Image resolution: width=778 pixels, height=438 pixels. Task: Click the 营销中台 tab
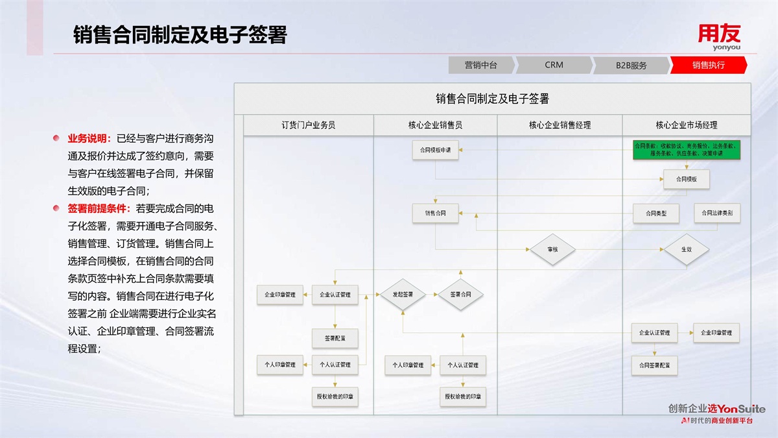pyautogui.click(x=480, y=65)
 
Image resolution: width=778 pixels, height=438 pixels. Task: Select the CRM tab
pyautogui.click(x=554, y=65)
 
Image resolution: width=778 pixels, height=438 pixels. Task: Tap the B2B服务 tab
pyautogui.click(x=631, y=65)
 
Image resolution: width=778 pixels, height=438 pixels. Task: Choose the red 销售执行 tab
pyautogui.click(x=708, y=65)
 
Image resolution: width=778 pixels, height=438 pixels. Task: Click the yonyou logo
pyautogui.click(x=719, y=37)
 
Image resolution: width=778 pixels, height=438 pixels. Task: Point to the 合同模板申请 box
pyautogui.click(x=435, y=151)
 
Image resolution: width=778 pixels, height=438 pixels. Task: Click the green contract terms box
pyautogui.click(x=686, y=150)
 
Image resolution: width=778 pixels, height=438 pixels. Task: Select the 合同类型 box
pyautogui.click(x=654, y=213)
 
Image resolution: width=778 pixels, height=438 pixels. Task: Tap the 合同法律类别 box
pyautogui.click(x=716, y=212)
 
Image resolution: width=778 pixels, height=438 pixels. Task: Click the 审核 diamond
pyautogui.click(x=553, y=249)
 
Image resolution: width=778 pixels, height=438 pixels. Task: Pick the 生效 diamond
pyautogui.click(x=686, y=249)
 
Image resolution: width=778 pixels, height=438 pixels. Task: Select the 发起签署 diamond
pyautogui.click(x=402, y=295)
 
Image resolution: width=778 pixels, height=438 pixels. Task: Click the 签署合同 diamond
pyautogui.click(x=460, y=295)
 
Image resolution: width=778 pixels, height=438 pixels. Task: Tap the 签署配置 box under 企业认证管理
pyautogui.click(x=335, y=337)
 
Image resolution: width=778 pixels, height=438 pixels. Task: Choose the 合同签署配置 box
pyautogui.click(x=654, y=365)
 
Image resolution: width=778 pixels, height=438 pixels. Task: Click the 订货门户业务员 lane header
pyautogui.click(x=308, y=125)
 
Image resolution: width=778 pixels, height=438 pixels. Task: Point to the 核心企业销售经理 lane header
pyautogui.click(x=560, y=125)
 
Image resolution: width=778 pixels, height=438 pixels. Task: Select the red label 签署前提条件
pyautogui.click(x=100, y=209)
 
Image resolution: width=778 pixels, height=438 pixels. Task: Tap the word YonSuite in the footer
pyautogui.click(x=742, y=409)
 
